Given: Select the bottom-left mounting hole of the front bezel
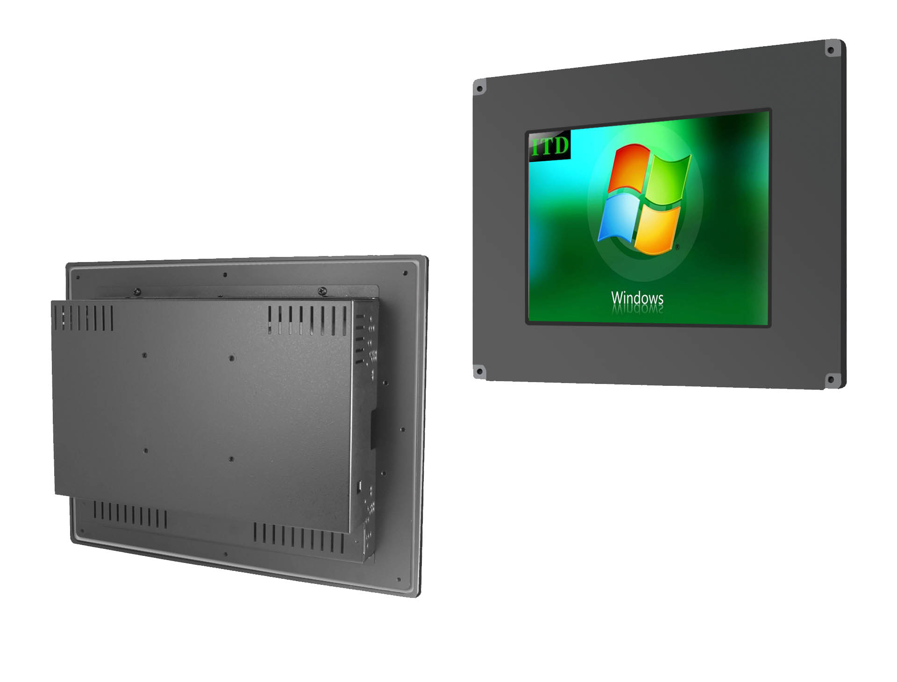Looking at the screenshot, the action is (479, 372).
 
